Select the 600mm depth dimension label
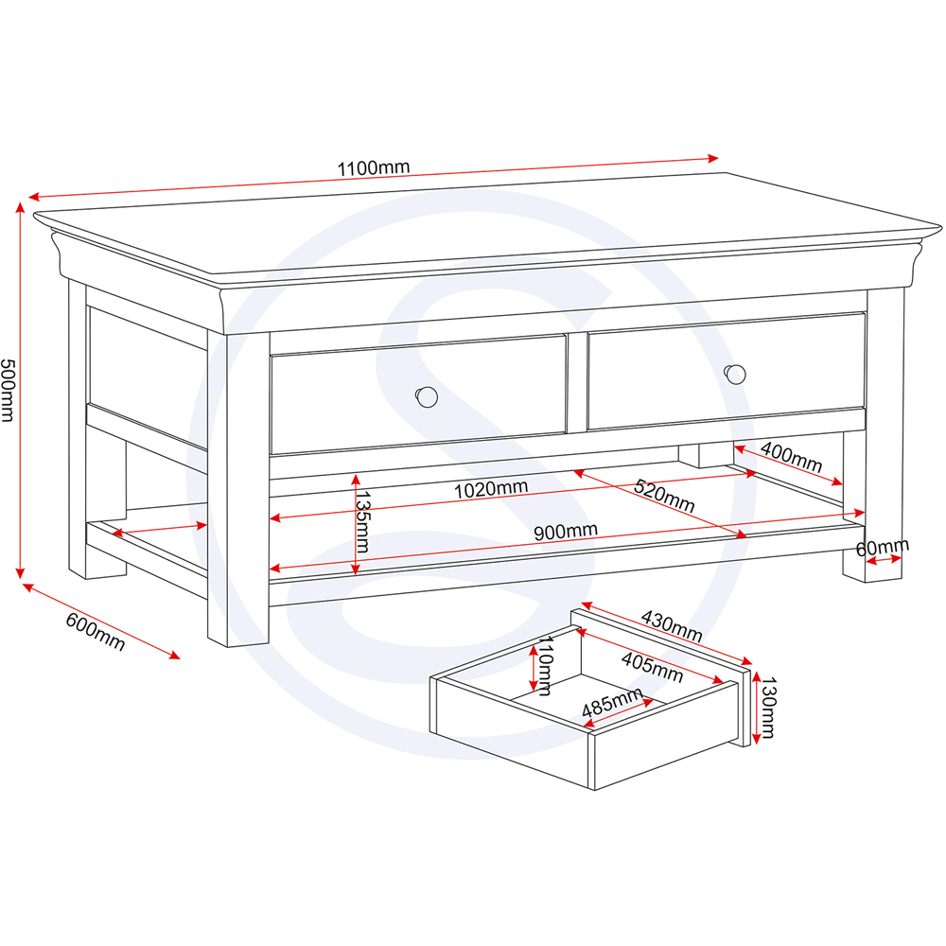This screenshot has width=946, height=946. (95, 631)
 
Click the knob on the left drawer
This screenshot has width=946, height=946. (427, 396)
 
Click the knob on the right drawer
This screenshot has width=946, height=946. (735, 374)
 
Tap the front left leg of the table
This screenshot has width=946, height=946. (238, 492)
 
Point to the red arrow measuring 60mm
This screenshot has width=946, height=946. (884, 561)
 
